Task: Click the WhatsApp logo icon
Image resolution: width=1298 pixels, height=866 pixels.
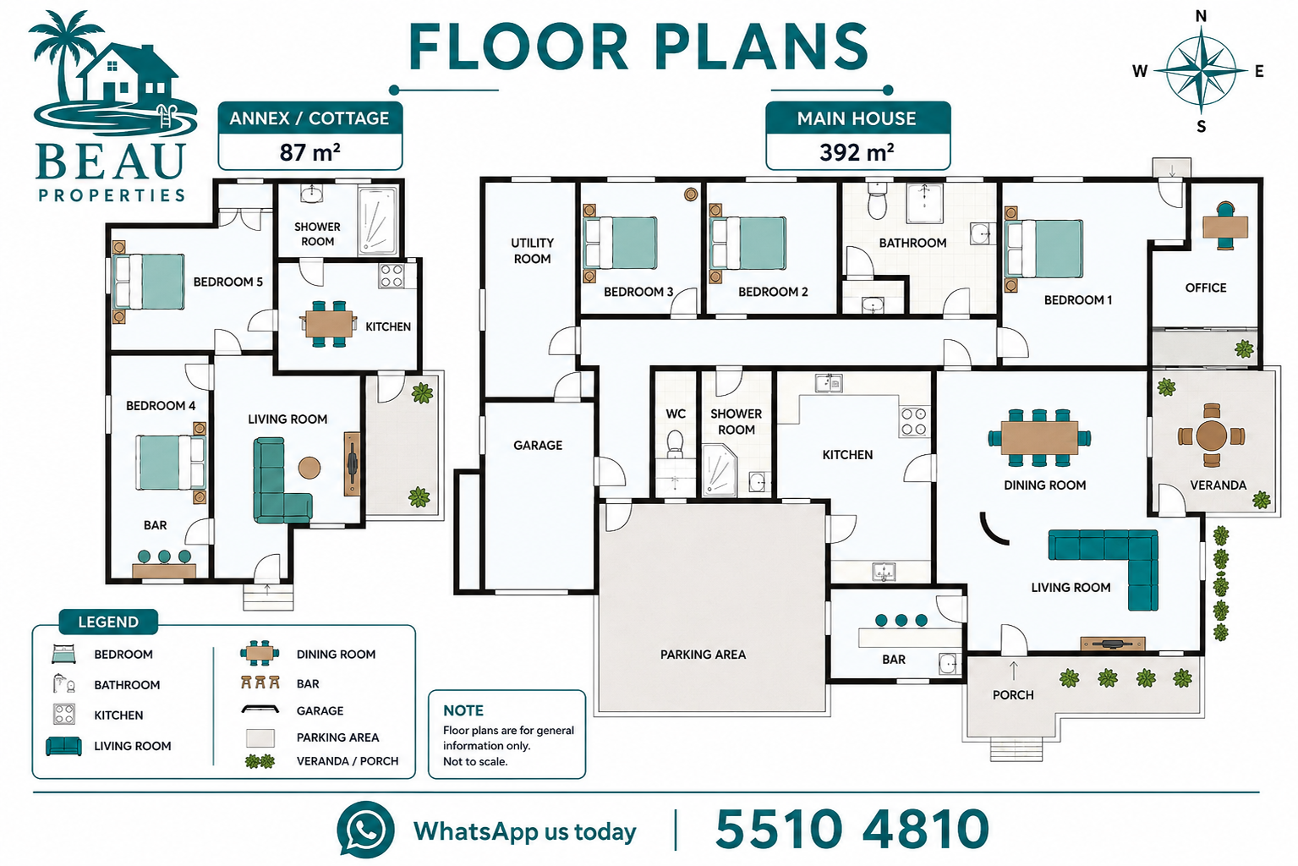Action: (x=365, y=830)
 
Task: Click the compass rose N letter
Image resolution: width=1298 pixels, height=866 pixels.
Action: (x=1202, y=16)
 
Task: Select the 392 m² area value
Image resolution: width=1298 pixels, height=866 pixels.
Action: (x=857, y=152)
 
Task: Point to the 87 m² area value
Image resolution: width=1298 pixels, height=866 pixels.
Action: (x=309, y=152)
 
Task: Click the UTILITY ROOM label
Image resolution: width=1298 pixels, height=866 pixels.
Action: (x=532, y=250)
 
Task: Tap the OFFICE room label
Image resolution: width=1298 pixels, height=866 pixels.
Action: (x=1205, y=288)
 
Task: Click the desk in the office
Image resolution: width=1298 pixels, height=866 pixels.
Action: (x=1225, y=226)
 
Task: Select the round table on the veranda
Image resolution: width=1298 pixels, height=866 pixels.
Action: (x=1211, y=436)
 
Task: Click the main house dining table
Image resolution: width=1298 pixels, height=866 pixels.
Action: (x=1039, y=437)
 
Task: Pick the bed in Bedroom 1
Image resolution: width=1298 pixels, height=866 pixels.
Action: (x=1043, y=248)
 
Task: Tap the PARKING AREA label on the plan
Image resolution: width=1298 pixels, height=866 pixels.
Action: (x=703, y=655)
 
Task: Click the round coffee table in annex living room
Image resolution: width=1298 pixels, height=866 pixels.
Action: (x=309, y=468)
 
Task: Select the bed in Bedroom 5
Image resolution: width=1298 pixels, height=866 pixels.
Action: (x=149, y=282)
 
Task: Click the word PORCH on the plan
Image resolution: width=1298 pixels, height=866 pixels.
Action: (x=1013, y=695)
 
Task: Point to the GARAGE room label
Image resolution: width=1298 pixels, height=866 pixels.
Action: (x=538, y=445)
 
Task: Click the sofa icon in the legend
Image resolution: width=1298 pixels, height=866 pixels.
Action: (x=63, y=746)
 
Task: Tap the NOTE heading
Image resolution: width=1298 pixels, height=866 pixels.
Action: (x=463, y=710)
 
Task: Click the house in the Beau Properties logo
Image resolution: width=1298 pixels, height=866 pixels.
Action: (x=129, y=73)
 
